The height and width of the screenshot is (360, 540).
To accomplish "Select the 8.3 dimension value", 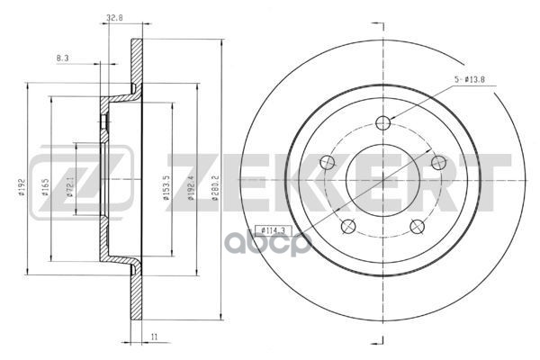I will pos(63,58).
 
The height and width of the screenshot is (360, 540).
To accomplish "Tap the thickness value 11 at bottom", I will pos(156,335).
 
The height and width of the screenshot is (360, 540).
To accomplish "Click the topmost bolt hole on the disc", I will pos(383,123).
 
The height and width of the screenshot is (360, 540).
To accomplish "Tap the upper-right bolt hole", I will pos(439,162).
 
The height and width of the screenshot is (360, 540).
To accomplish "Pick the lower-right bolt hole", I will pos(418,225).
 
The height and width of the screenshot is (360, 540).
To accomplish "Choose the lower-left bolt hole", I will pos(350,225).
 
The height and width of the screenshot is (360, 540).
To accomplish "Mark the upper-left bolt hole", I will pos(328,162).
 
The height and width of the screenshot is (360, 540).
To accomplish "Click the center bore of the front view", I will pos(384,176).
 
